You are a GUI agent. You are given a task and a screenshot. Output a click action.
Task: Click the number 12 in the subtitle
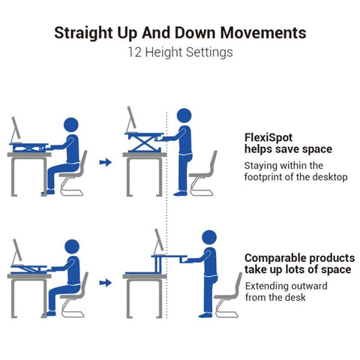pos(136,52)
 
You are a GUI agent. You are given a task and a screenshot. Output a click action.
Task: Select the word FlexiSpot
pos(268,137)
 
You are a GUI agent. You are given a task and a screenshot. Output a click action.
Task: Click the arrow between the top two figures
pos(106,161)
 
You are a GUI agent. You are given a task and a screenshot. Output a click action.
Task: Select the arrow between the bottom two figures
pos(106,283)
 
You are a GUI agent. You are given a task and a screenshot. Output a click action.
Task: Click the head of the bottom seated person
pos(70,247)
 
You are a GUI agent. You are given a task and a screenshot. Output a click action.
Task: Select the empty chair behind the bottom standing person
pos(229,295)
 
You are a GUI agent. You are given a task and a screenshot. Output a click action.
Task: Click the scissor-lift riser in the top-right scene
pos(143,142)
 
